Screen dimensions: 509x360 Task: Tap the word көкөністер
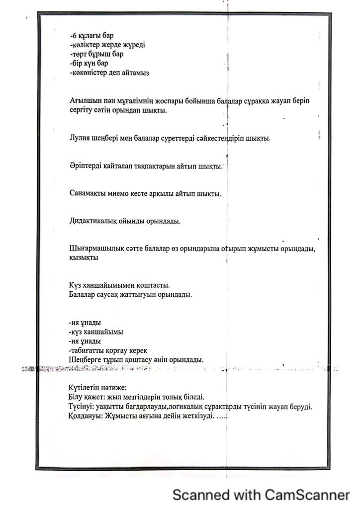91,73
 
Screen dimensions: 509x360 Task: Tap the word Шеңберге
85,360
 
